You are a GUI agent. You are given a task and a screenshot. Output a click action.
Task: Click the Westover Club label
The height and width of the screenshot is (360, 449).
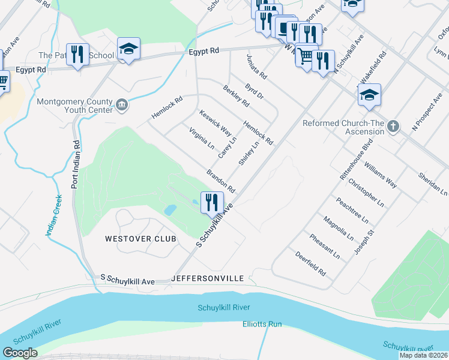click(x=140, y=239)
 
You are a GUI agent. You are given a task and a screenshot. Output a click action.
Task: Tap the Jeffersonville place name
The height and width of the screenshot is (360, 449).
click(x=207, y=279)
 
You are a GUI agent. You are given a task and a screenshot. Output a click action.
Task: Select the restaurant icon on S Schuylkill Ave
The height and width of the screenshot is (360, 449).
click(x=211, y=203)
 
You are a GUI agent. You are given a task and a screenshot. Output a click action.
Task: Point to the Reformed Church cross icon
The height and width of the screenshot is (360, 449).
click(x=393, y=127)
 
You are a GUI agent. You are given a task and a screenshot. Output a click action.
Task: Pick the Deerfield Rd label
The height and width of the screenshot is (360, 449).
click(x=310, y=263)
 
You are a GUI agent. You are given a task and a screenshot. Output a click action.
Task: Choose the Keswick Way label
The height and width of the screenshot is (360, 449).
click(x=215, y=122)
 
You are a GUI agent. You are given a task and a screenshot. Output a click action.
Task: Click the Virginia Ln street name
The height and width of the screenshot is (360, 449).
click(x=202, y=138)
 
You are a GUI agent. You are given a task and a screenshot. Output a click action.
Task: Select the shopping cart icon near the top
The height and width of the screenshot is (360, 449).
click(x=306, y=56)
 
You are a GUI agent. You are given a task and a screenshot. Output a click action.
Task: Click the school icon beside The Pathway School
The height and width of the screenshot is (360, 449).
click(x=128, y=49)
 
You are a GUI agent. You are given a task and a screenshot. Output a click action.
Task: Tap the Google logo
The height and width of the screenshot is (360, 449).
click(x=20, y=353)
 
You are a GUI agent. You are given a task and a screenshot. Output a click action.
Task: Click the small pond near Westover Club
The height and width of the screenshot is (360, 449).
click(x=170, y=210)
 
